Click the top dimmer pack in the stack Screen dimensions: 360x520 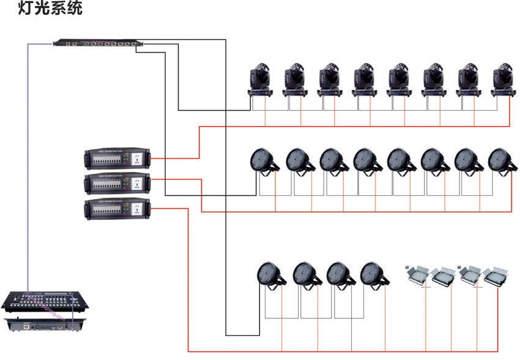[117, 159]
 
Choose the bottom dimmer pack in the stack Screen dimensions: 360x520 [117, 209]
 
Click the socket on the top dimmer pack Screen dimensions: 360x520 [138, 159]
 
